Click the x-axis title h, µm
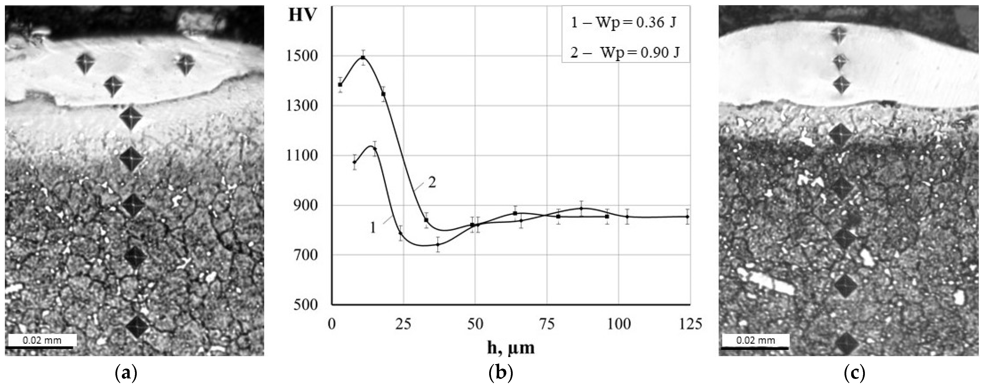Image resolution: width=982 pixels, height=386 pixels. click(x=511, y=347)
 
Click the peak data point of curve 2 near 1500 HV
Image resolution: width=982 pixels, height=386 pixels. click(x=363, y=58)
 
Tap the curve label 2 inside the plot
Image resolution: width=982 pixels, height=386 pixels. click(x=432, y=183)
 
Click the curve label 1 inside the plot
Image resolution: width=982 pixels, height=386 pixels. click(x=373, y=228)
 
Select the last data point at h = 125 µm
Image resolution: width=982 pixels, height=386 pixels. click(x=687, y=217)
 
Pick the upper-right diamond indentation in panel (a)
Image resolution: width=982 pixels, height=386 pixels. click(x=186, y=64)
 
